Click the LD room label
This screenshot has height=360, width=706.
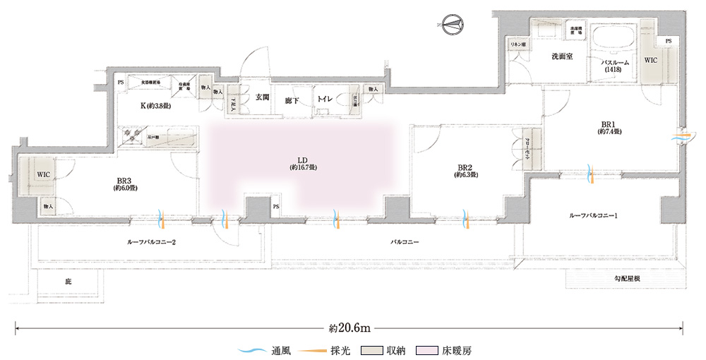click(x=302, y=164)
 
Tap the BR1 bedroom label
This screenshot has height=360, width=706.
click(x=607, y=127)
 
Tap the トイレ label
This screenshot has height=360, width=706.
click(x=325, y=100)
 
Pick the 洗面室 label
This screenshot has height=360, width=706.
click(x=561, y=56)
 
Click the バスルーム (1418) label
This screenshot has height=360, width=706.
click(x=616, y=66)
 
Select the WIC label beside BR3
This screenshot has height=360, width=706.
click(x=43, y=174)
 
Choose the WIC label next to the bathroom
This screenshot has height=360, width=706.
click(x=650, y=60)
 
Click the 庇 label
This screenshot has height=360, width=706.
click(x=68, y=282)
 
